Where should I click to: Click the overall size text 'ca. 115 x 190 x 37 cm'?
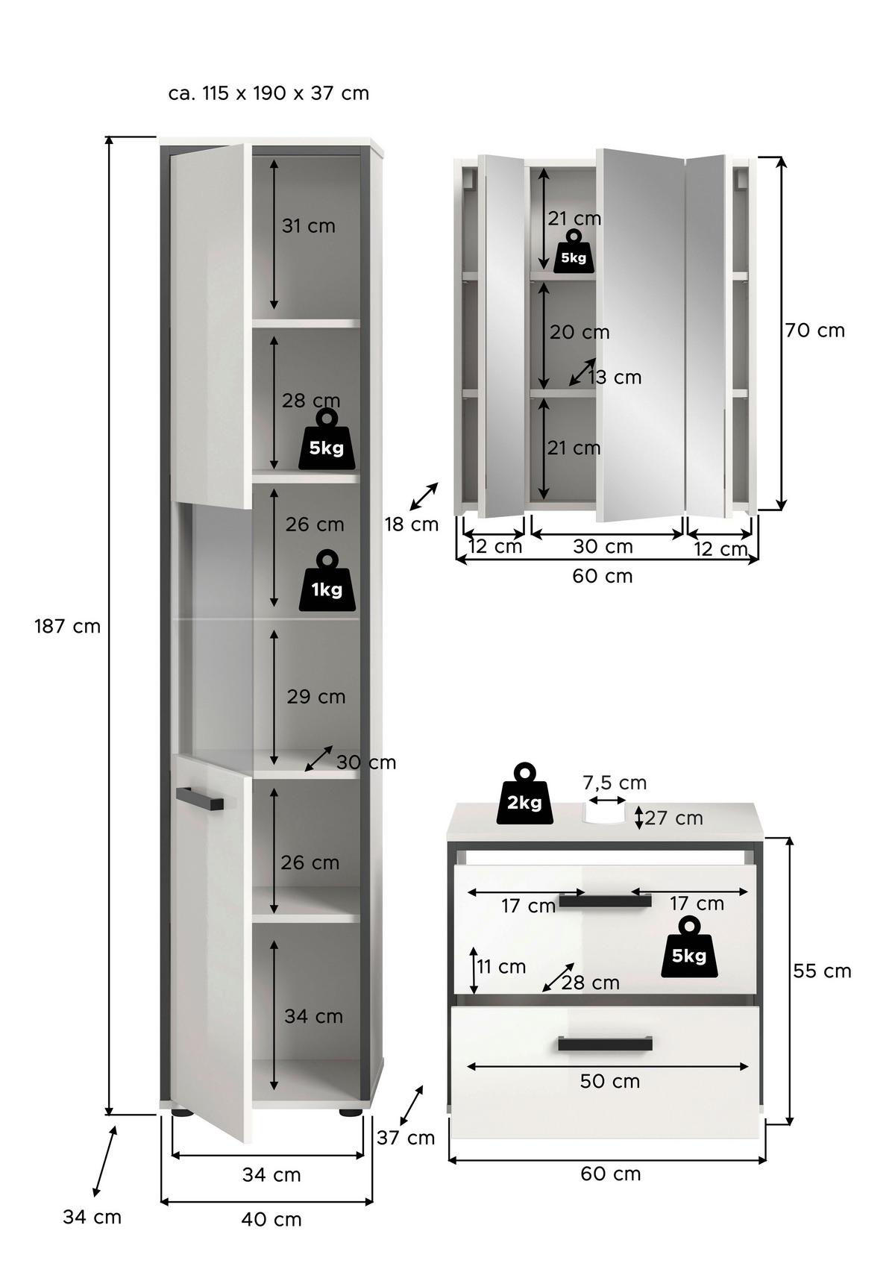(269, 93)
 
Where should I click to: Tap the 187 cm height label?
(67, 627)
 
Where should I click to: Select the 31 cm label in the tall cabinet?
(309, 226)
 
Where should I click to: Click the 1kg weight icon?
(327, 582)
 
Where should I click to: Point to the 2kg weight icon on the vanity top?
(525, 796)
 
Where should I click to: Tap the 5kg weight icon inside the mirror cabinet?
(573, 251)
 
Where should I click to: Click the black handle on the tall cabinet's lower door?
(199, 797)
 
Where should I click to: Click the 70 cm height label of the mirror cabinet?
(815, 331)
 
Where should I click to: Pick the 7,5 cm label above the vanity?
(614, 783)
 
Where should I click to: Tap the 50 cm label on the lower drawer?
(610, 1082)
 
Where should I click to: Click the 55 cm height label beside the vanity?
(821, 971)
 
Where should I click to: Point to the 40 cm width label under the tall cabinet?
(271, 1220)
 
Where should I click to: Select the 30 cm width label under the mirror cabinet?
(603, 547)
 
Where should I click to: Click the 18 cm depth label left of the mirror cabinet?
(412, 524)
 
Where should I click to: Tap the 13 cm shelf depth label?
(615, 378)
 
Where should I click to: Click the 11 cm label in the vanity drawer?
(501, 967)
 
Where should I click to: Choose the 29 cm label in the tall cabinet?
(316, 697)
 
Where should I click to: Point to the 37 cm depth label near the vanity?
(406, 1138)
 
